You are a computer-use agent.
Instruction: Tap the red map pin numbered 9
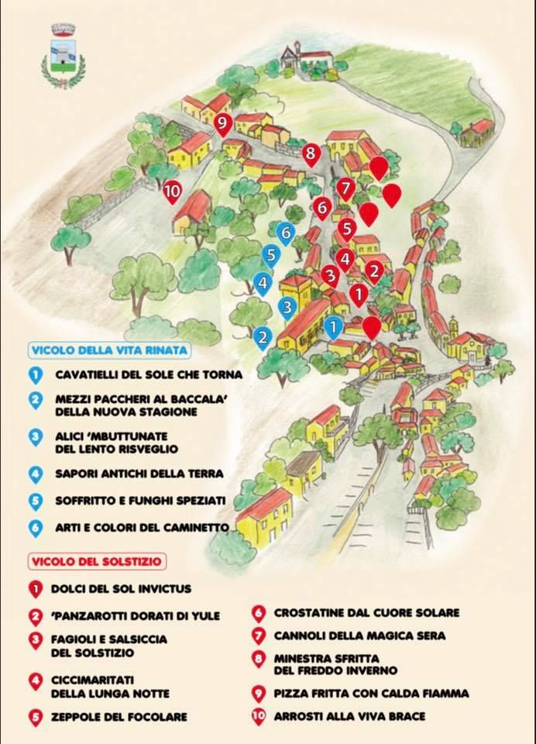(x=223, y=124)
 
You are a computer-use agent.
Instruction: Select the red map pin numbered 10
(x=173, y=191)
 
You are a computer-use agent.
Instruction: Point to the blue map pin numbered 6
(x=286, y=232)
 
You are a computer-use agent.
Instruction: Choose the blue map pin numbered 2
(x=263, y=338)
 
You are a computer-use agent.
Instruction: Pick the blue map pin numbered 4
(x=263, y=284)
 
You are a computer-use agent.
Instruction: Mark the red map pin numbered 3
(x=330, y=275)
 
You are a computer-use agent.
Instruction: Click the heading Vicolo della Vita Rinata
(x=108, y=350)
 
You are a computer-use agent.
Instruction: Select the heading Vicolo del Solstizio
(x=100, y=560)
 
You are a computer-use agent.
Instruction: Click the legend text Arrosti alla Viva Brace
(x=349, y=716)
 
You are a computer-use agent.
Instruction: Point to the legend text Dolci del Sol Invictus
(x=121, y=589)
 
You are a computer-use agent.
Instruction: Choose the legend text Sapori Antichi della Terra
(x=139, y=473)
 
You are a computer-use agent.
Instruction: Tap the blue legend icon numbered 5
(x=35, y=501)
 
